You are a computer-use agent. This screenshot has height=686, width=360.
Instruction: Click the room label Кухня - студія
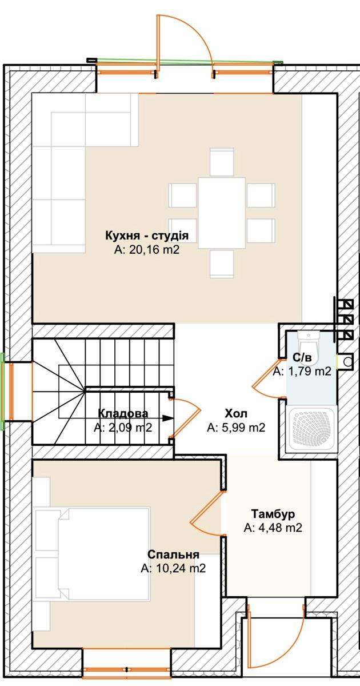[x=147, y=236]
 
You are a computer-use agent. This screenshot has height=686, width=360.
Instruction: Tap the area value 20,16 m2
[x=154, y=250]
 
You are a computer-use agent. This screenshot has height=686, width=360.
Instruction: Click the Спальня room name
[x=173, y=555]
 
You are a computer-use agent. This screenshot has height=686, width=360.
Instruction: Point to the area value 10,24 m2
[x=181, y=568]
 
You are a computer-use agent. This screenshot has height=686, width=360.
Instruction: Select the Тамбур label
[x=273, y=513]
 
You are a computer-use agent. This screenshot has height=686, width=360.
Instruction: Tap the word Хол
[x=235, y=413]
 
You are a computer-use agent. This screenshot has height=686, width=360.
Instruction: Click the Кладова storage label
[x=123, y=413]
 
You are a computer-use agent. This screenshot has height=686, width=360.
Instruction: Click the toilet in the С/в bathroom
[x=309, y=346]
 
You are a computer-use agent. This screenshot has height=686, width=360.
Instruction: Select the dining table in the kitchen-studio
[x=222, y=213]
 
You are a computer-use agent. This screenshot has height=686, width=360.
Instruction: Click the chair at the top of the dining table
[x=222, y=162]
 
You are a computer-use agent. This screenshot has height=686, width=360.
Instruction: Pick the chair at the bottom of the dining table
[x=222, y=264]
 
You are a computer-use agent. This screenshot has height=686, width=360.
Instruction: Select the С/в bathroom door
[x=266, y=379]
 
